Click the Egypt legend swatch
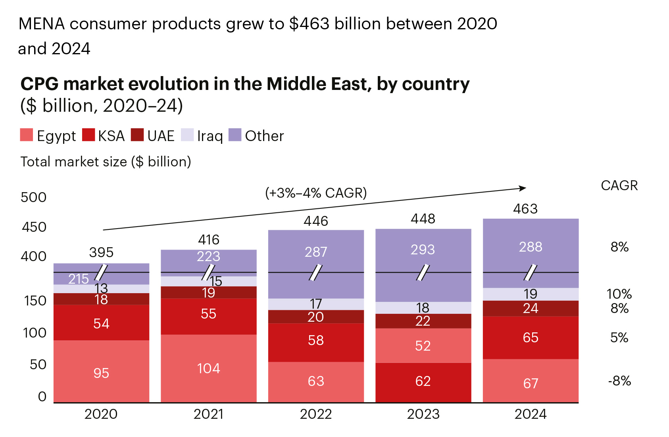coord(26,135)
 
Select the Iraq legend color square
coord(187,135)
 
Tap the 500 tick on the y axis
coord(34,197)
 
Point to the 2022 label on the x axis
coord(316,414)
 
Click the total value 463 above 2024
coord(525,209)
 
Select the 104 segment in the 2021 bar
coord(209,368)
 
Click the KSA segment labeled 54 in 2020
coord(101,323)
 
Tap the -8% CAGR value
coord(619,381)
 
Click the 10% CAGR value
coord(619,294)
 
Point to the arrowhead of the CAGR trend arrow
coord(523,188)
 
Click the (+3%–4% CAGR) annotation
coord(316,193)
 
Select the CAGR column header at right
coord(619,185)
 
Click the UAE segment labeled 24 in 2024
coord(531,308)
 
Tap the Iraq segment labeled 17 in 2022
coord(316,304)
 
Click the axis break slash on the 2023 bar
coord(423,273)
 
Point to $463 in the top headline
coord(309,24)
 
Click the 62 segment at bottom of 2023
coord(423,381)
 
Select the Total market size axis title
coord(106,162)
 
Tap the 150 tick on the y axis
coord(35,301)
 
